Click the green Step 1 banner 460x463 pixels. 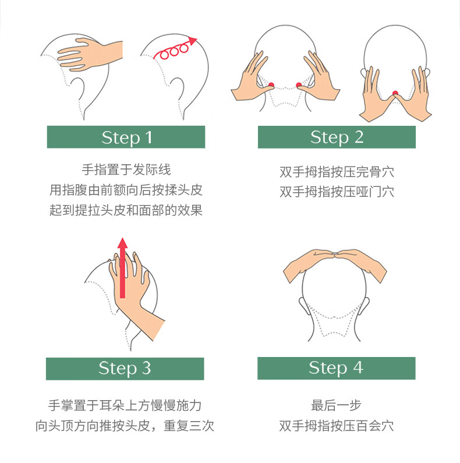(x=126, y=137)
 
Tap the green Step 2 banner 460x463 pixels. (x=337, y=137)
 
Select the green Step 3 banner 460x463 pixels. (x=125, y=369)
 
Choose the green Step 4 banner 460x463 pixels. (x=337, y=368)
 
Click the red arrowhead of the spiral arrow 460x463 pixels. (x=193, y=41)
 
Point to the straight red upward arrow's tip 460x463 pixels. (x=122, y=238)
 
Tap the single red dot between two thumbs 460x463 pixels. (x=395, y=93)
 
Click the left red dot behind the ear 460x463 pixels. (x=271, y=85)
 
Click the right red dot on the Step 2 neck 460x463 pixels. (x=299, y=85)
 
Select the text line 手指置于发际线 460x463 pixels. (x=126, y=170)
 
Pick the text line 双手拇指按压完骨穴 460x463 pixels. (x=337, y=172)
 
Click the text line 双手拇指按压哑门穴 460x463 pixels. (x=337, y=192)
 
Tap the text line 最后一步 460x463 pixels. (x=337, y=405)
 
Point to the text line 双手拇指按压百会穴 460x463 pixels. (x=337, y=426)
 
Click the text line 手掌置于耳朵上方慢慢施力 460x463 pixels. (x=125, y=405)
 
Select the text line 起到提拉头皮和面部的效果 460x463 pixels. (x=126, y=210)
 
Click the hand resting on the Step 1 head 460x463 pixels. (x=89, y=55)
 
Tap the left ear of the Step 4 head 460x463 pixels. (x=303, y=306)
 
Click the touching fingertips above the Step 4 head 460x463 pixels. (x=335, y=253)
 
